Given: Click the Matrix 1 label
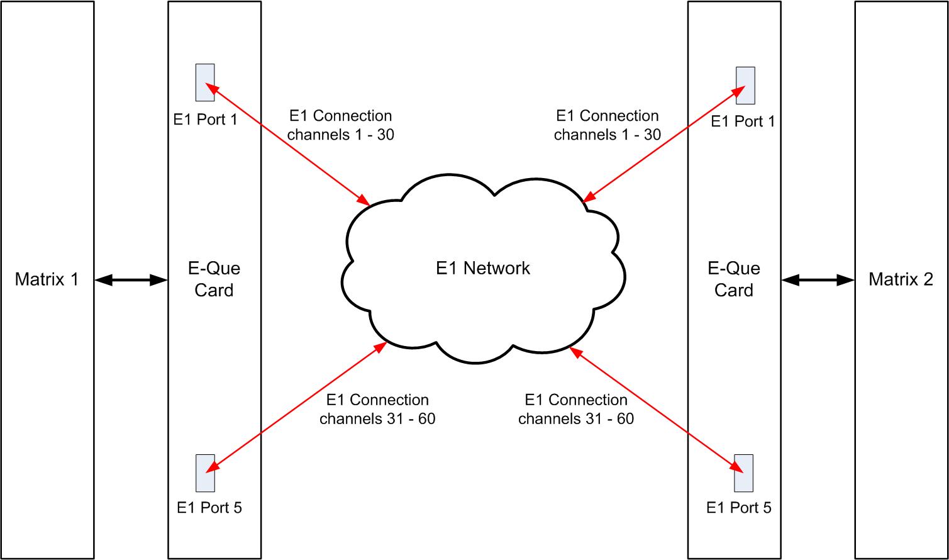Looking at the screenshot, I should (x=47, y=279).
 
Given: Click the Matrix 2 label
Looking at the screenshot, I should (x=901, y=279).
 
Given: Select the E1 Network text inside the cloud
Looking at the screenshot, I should (x=482, y=268).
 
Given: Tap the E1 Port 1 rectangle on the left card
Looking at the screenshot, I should (x=205, y=82).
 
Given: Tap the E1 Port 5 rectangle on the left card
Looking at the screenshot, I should (x=205, y=473).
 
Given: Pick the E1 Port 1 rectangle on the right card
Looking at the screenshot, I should (x=745, y=86).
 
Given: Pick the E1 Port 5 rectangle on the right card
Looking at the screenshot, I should (x=743, y=473).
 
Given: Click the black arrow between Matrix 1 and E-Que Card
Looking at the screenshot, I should (x=131, y=280).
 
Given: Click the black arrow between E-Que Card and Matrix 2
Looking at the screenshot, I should (x=818, y=280).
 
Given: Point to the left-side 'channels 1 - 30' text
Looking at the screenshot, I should (x=340, y=134).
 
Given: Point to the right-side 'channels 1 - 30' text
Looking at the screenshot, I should (x=607, y=134).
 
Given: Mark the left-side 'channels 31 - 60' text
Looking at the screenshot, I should (x=377, y=418).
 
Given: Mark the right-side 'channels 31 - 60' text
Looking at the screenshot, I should (x=575, y=418).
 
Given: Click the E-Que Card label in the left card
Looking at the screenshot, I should (x=214, y=279).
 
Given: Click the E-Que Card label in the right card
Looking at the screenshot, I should (x=733, y=279).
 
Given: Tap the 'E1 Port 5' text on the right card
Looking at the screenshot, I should (x=738, y=508).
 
